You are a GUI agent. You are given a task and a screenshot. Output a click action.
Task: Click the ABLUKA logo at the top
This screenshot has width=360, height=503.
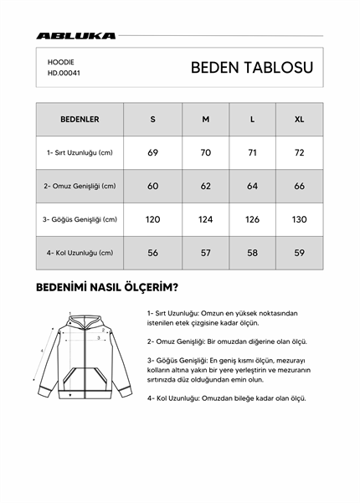tap(76, 36)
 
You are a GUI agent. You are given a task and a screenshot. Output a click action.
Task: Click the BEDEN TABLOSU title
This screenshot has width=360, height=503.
tap(251, 68)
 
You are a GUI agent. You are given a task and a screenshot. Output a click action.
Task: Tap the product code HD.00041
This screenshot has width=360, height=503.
tap(64, 73)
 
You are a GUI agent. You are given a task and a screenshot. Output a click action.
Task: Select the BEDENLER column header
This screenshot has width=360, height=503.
tap(80, 119)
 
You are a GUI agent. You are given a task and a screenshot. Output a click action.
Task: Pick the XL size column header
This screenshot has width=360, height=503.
tap(299, 119)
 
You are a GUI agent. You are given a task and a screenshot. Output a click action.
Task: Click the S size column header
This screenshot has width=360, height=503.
tap(152, 119)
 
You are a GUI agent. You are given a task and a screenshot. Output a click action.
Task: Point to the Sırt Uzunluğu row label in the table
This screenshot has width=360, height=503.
tap(80, 152)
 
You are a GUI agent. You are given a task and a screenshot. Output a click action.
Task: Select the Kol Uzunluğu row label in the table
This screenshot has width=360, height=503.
tap(80, 252)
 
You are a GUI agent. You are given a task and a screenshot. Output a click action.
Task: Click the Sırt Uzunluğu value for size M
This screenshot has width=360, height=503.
tap(205, 152)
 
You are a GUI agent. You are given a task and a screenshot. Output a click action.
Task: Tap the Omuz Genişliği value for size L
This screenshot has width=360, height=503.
tap(252, 186)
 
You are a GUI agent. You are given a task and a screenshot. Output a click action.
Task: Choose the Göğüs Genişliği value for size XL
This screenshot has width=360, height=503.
tap(299, 219)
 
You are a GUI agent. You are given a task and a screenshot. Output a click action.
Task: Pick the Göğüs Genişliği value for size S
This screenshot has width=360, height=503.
tap(152, 219)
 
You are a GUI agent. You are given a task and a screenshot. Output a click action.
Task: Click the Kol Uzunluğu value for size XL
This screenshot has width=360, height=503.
tap(299, 252)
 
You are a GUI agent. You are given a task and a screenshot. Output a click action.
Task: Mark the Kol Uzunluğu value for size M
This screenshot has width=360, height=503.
tap(205, 252)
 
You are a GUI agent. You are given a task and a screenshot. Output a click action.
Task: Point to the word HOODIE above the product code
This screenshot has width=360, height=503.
tap(60, 61)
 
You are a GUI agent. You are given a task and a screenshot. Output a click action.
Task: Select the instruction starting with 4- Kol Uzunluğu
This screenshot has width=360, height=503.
tap(226, 398)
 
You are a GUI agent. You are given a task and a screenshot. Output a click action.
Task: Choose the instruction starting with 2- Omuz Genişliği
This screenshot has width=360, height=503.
tap(227, 341)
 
